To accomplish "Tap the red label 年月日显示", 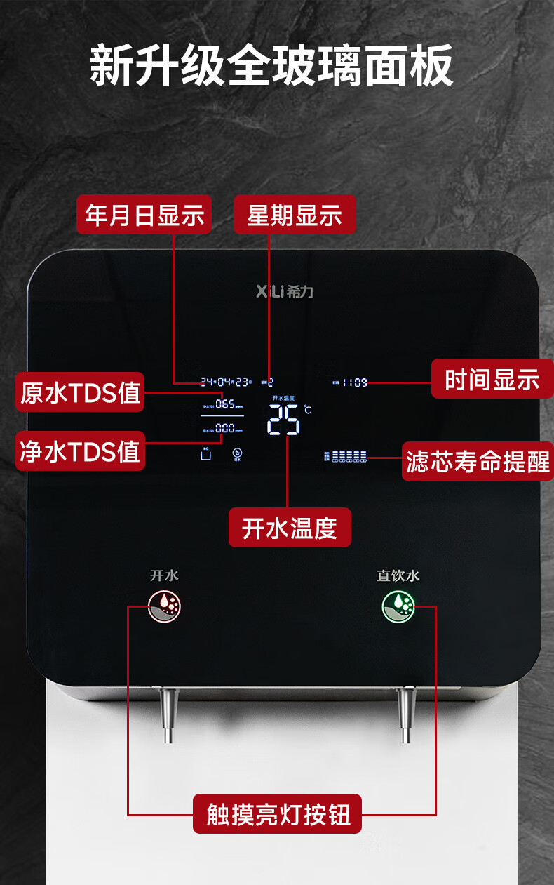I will [x=144, y=215].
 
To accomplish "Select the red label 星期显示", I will [x=295, y=215].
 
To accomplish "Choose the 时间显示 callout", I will [x=492, y=379].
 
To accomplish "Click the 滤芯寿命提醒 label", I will [x=478, y=462].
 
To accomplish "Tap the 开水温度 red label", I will [x=290, y=528].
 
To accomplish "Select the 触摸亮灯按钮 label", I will [x=278, y=814].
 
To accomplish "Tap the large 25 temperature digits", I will [x=284, y=420].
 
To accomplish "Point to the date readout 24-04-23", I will [x=225, y=382].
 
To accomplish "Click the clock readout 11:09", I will [x=355, y=382].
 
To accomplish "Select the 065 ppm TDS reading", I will [x=226, y=404].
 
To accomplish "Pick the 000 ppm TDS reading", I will [x=226, y=428].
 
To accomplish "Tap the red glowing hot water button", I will [x=165, y=606].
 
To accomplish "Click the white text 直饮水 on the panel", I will [x=398, y=575].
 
